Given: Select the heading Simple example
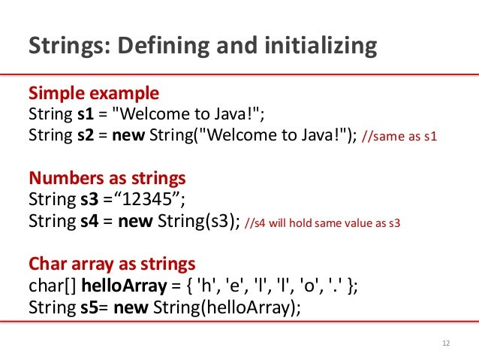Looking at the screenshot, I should tap(93, 94).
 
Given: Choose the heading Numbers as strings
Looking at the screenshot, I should tap(107, 180).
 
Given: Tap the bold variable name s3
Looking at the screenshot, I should tap(87, 201).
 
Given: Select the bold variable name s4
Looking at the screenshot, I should tap(87, 222).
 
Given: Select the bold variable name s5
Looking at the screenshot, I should tap(86, 307).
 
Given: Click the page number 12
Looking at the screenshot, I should tap(447, 344).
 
